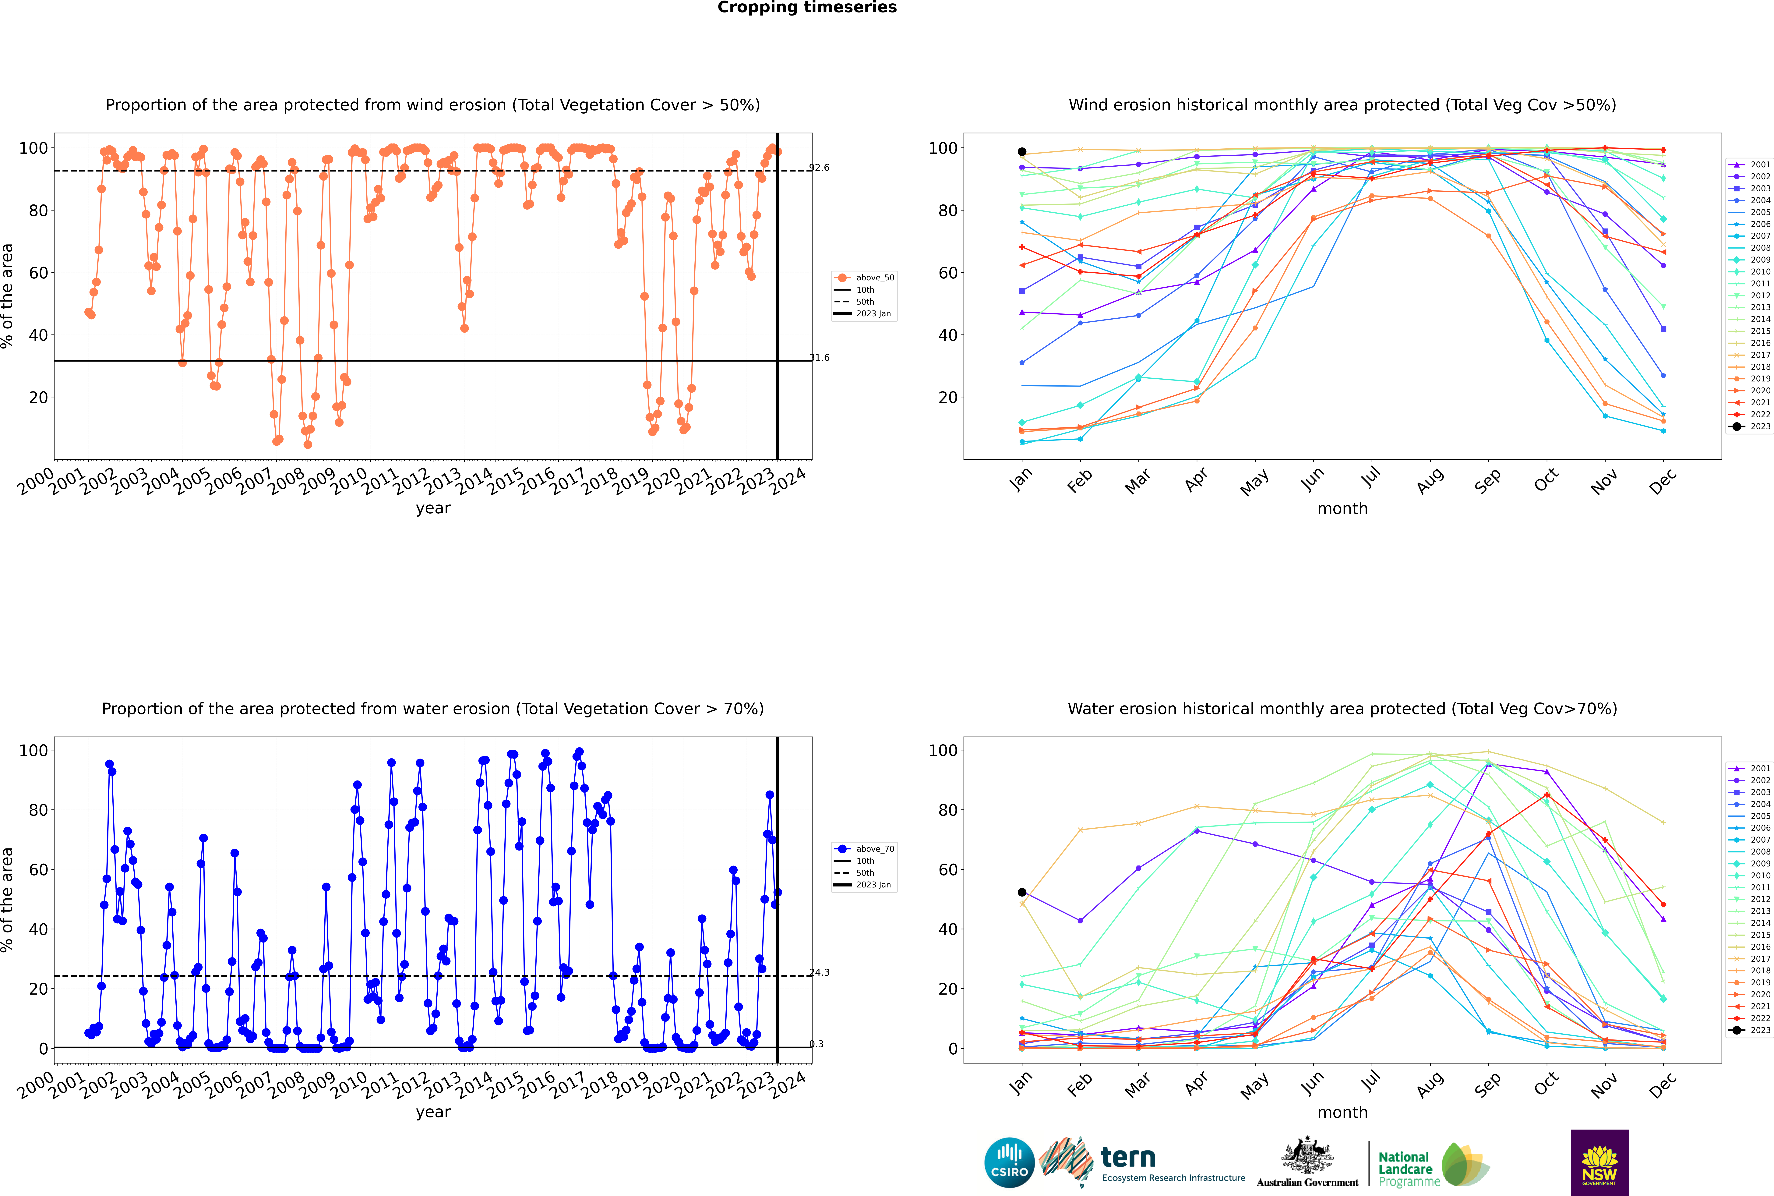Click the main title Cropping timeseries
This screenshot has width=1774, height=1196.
[807, 8]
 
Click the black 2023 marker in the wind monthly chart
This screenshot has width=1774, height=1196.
[1022, 152]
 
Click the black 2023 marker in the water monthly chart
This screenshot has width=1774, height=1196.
[1022, 892]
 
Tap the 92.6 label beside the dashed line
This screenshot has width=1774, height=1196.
[819, 168]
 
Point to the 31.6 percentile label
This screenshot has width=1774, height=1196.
[819, 358]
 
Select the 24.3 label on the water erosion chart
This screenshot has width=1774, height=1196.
[819, 972]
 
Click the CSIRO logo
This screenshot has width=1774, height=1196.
[1009, 1163]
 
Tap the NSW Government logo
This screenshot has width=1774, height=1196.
[1599, 1162]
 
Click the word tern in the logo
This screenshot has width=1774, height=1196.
[1128, 1158]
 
